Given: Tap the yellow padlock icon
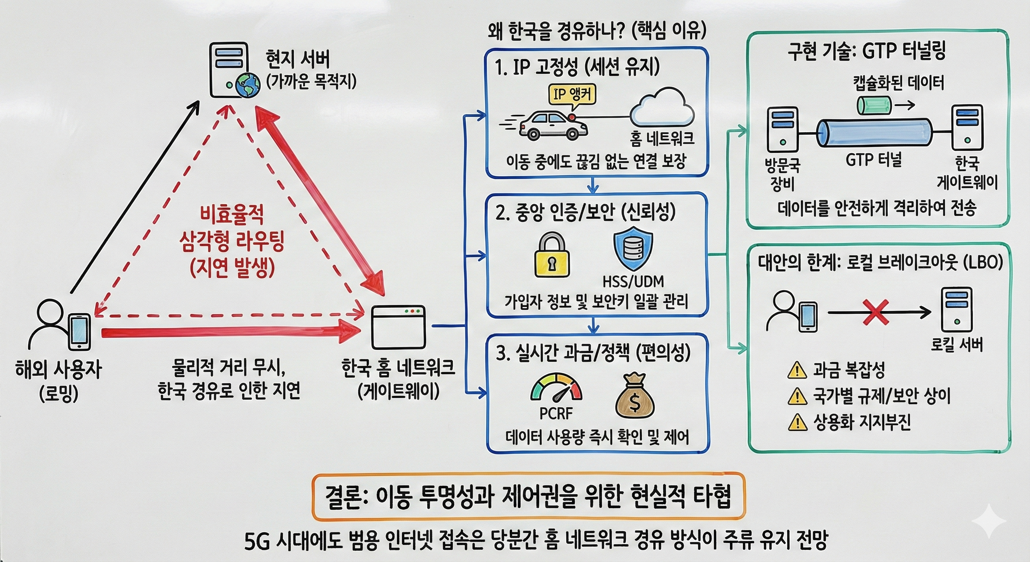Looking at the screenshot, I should (x=552, y=256).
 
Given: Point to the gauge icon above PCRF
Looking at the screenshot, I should (x=556, y=387).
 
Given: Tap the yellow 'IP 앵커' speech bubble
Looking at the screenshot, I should (x=572, y=95).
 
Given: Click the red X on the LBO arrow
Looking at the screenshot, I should (x=876, y=312).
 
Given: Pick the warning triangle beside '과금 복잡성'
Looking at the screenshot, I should (x=797, y=370).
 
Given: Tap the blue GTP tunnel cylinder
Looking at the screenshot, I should (x=874, y=132).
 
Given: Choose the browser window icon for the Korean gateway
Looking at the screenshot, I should (x=398, y=327).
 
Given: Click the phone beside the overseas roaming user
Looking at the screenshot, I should (x=80, y=331).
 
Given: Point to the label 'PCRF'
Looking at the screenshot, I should (x=556, y=413).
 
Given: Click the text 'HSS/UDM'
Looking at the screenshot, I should (x=633, y=282).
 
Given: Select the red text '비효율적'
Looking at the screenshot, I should (x=232, y=215).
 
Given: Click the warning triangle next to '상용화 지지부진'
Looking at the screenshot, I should (x=797, y=422).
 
